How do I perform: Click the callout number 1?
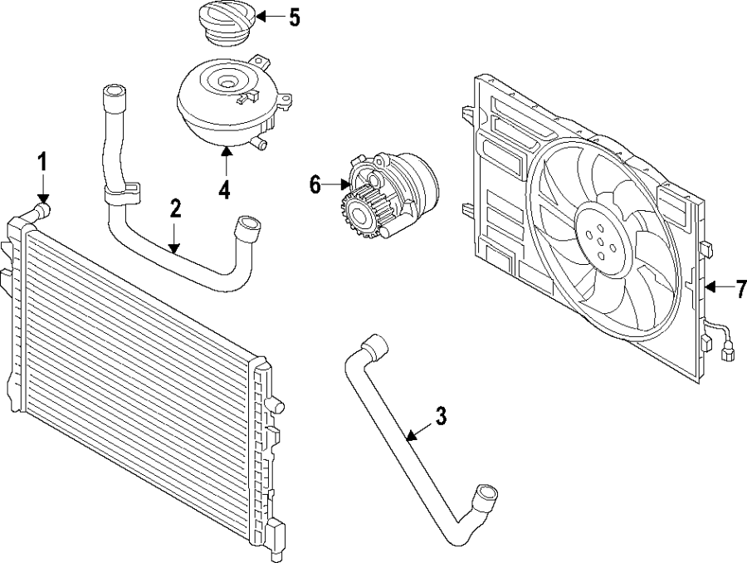pyautogui.click(x=42, y=161)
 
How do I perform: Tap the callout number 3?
pyautogui.click(x=441, y=416)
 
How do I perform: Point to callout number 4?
pyautogui.click(x=224, y=188)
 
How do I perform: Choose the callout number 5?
pyautogui.click(x=294, y=17)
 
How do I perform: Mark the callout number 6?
pyautogui.click(x=315, y=184)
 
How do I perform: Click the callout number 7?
pyautogui.click(x=741, y=289)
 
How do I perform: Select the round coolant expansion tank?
pyautogui.click(x=222, y=100)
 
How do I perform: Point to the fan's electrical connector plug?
pyautogui.click(x=729, y=355)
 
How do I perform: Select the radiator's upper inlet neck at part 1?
pyautogui.click(x=41, y=208)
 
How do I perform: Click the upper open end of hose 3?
pyautogui.click(x=373, y=344)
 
